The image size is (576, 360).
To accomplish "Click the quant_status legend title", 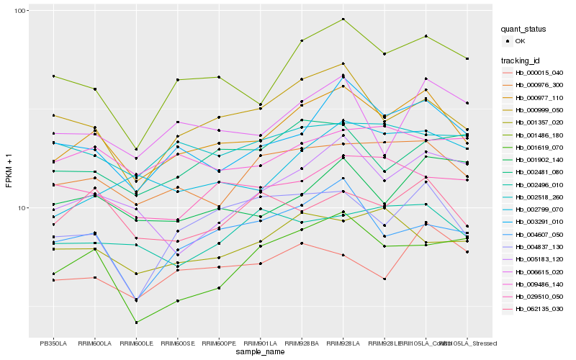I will click(524, 30).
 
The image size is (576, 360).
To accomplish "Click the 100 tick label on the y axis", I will click(20, 11).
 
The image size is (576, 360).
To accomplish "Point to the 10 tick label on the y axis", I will click(22, 207).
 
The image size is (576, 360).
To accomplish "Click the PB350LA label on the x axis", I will click(53, 344).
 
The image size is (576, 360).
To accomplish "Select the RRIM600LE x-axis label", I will click(136, 344).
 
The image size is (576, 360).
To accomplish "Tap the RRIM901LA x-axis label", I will click(260, 344).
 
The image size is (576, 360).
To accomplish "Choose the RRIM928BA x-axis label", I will click(302, 344).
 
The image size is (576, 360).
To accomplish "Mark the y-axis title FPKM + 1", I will click(9, 172).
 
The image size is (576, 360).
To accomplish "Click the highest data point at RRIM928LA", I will click(343, 19).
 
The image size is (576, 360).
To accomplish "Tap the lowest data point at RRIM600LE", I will click(136, 322).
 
